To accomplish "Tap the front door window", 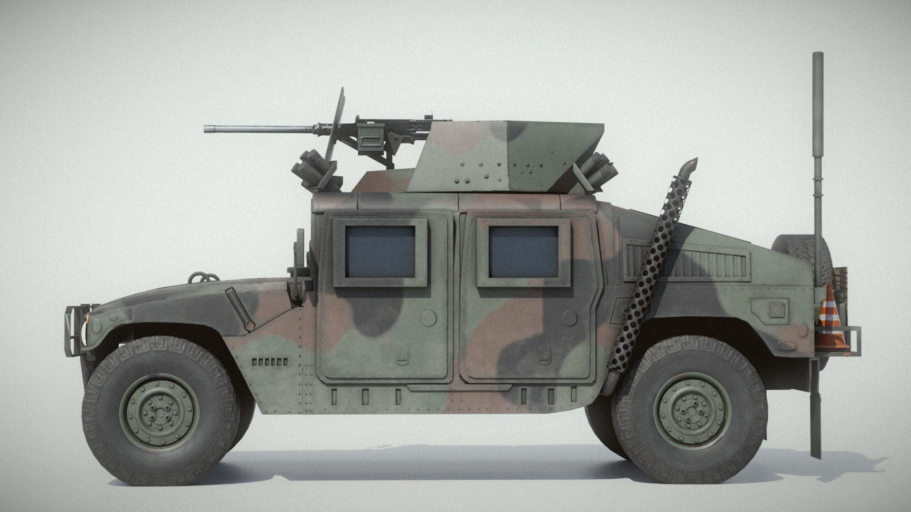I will click(380, 252).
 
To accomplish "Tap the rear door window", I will click(524, 252).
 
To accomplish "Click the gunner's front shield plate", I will click(335, 135).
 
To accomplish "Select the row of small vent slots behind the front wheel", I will click(270, 362).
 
